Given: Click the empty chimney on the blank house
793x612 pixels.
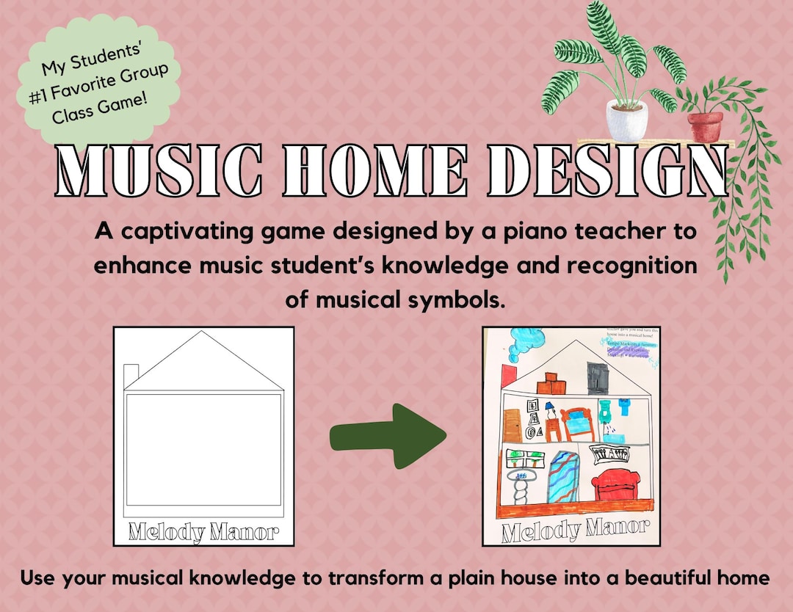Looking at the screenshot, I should (x=131, y=375).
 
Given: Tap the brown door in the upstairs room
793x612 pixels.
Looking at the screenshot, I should (x=513, y=426).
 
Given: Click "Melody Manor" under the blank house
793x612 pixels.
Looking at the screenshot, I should (x=203, y=532).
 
